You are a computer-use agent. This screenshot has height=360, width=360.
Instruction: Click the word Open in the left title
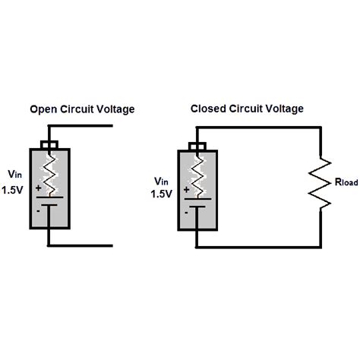pyautogui.click(x=42, y=109)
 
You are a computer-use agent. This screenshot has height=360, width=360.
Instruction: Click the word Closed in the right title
pyautogui.click(x=207, y=109)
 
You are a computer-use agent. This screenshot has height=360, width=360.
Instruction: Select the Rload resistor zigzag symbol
pyautogui.click(x=321, y=183)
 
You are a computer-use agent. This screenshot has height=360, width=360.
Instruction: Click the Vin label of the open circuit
pyautogui.click(x=15, y=172)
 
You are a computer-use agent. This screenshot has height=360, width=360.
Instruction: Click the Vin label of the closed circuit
pyautogui.click(x=161, y=182)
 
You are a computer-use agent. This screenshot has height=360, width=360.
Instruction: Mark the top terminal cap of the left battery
pyautogui.click(x=50, y=144)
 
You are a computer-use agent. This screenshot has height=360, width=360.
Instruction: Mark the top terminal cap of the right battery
pyautogui.click(x=197, y=147)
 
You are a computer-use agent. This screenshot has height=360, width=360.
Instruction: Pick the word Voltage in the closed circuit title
pyautogui.click(x=285, y=109)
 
